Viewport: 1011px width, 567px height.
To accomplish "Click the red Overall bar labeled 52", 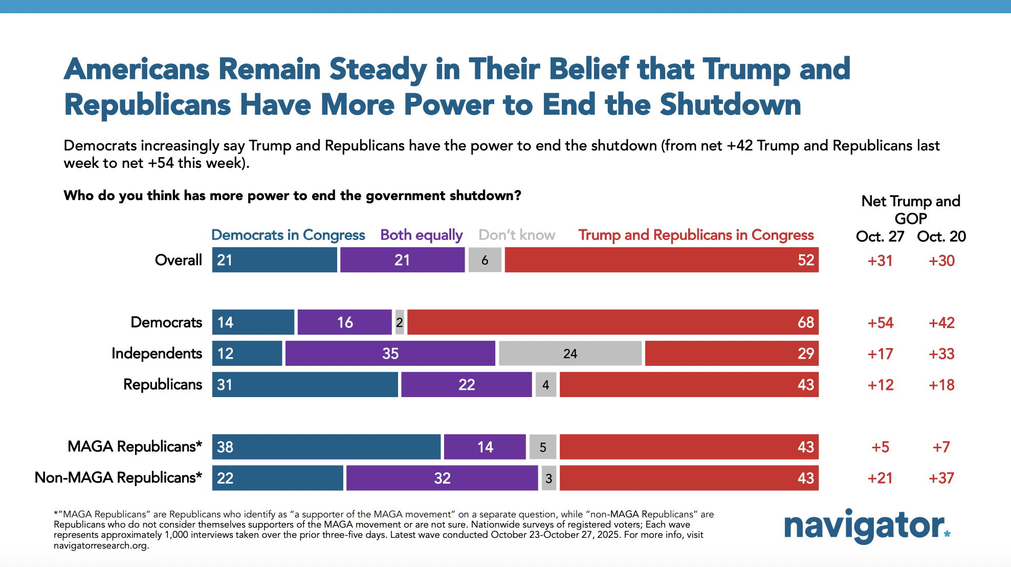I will [662, 260].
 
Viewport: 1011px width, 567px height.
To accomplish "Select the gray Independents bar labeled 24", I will [570, 354].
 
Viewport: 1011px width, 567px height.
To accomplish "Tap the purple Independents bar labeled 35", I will [390, 354].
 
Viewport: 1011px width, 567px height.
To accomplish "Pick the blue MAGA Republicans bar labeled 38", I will [326, 447].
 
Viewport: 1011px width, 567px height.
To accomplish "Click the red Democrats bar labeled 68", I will [613, 322].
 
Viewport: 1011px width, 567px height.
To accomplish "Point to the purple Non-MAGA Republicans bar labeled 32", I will [442, 478].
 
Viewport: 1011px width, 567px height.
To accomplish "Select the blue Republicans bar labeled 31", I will [305, 384].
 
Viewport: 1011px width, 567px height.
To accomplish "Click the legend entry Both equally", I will [422, 235].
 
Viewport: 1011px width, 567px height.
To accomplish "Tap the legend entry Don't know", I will [517, 235].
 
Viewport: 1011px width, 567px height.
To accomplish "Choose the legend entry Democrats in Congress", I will [288, 235].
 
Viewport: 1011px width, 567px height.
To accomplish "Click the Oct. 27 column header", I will [880, 236].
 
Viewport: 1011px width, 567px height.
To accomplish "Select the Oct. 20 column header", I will [941, 236].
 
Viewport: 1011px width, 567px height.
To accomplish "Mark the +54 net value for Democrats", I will [881, 323].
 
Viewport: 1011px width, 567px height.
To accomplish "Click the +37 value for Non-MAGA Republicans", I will [941, 478].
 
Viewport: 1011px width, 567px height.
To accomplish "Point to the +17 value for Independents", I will [881, 354].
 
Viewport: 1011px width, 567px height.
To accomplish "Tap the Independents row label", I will [157, 354].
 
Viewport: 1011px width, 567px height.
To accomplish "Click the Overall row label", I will [179, 260].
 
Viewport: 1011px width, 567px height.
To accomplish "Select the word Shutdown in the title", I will [730, 105].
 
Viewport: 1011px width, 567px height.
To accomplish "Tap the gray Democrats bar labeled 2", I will [400, 322].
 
